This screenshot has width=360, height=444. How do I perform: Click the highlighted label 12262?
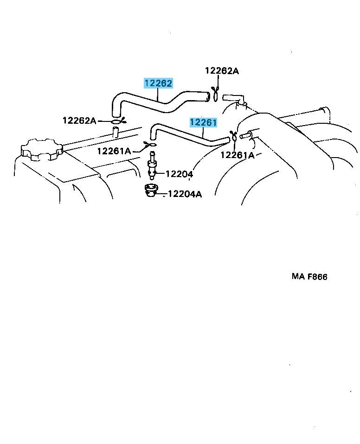tap(158, 83)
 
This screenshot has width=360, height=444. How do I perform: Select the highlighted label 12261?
tap(203, 122)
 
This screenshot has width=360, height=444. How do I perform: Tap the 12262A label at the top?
tap(222, 71)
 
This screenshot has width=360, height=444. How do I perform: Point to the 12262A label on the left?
tap(79, 121)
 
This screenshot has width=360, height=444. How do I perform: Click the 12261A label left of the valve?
tap(114, 151)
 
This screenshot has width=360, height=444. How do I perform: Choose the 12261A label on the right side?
tap(238, 155)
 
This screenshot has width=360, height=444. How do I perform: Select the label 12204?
tap(179, 174)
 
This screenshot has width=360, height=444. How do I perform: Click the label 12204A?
tap(185, 194)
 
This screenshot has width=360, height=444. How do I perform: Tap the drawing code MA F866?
tap(309, 276)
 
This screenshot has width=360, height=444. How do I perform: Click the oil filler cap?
tap(42, 150)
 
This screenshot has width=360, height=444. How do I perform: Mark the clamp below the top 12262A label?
tap(215, 94)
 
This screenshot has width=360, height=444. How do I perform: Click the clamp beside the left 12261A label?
tap(150, 145)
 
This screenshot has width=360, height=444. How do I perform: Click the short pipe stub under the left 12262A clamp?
tap(116, 133)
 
